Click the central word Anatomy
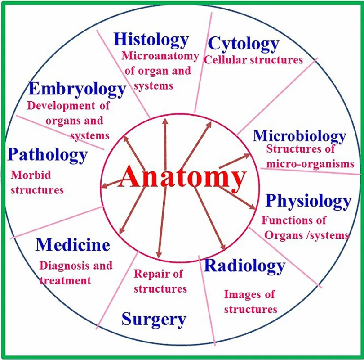click(182, 177)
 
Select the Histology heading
click(151, 40)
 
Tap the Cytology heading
click(244, 44)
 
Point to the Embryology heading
click(77, 90)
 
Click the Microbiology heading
click(299, 136)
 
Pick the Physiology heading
click(309, 201)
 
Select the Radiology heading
click(244, 266)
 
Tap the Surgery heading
click(154, 320)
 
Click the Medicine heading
click(73, 245)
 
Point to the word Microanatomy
click(160, 56)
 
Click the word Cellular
click(225, 60)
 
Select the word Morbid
click(31, 175)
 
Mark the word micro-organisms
click(310, 164)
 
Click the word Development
click(61, 106)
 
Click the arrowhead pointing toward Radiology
click(222, 247)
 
